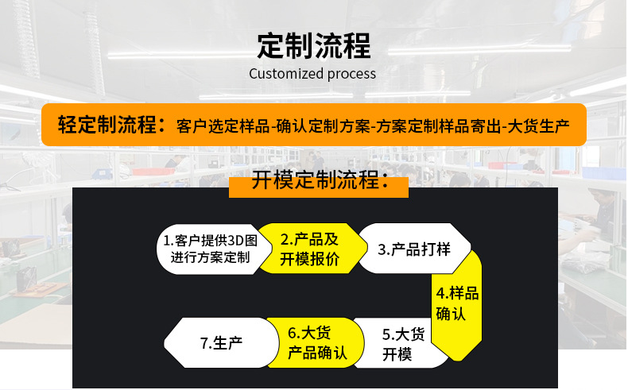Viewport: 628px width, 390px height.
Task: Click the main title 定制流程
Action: pyautogui.click(x=313, y=45)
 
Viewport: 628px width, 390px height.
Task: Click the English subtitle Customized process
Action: pyautogui.click(x=312, y=74)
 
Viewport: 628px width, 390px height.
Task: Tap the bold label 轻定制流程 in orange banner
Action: pyautogui.click(x=110, y=125)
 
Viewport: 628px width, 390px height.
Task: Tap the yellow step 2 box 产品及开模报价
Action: pyautogui.click(x=309, y=249)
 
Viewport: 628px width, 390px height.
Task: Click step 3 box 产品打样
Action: pyautogui.click(x=414, y=249)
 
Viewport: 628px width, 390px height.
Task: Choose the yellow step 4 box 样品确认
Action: pyautogui.click(x=456, y=303)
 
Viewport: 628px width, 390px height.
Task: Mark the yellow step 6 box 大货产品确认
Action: pyautogui.click(x=317, y=343)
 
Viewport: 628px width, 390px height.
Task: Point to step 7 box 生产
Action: pyautogui.click(x=221, y=343)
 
